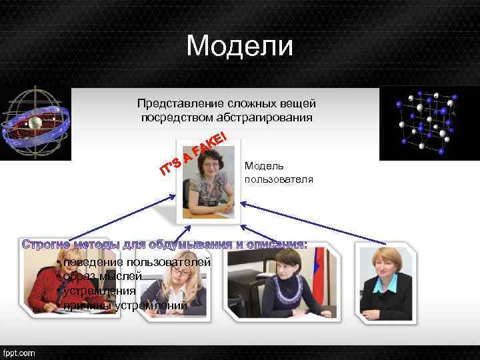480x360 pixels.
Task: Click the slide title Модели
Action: point(239,46)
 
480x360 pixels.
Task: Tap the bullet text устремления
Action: point(99,291)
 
